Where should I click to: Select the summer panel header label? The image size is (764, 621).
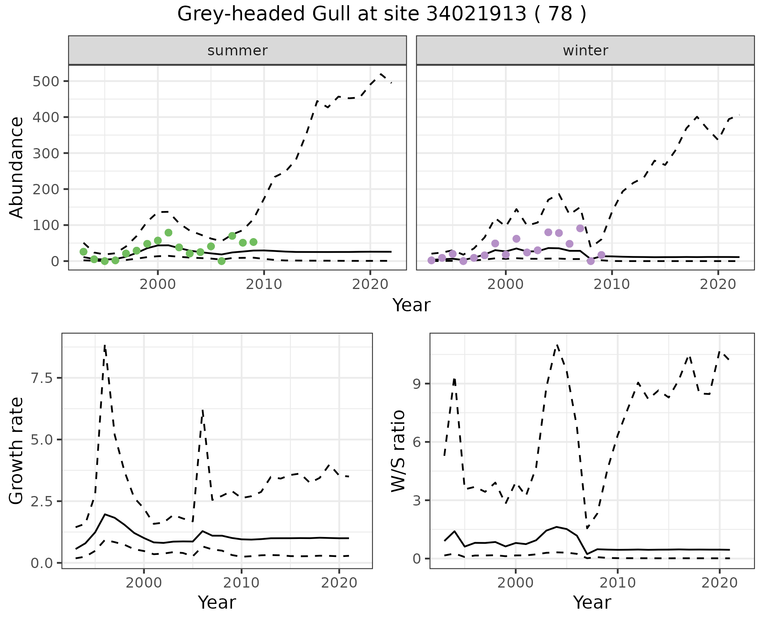[238, 51]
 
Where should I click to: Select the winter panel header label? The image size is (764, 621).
[585, 51]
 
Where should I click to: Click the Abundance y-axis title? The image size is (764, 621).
[17, 168]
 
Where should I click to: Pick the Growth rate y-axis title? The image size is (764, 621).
[17, 451]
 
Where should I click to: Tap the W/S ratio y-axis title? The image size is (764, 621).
[398, 451]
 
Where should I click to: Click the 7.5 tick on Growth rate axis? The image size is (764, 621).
[42, 378]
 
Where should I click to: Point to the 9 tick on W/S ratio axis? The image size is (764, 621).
[417, 384]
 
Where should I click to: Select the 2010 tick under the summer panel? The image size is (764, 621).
[264, 284]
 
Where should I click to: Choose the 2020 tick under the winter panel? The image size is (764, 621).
[718, 284]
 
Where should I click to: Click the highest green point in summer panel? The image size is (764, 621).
[168, 232]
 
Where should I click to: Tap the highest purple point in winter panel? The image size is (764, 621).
[580, 228]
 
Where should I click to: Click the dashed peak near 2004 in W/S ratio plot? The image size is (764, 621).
[557, 345]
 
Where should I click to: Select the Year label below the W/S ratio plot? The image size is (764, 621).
[592, 602]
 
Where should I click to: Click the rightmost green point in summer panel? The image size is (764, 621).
[253, 242]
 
